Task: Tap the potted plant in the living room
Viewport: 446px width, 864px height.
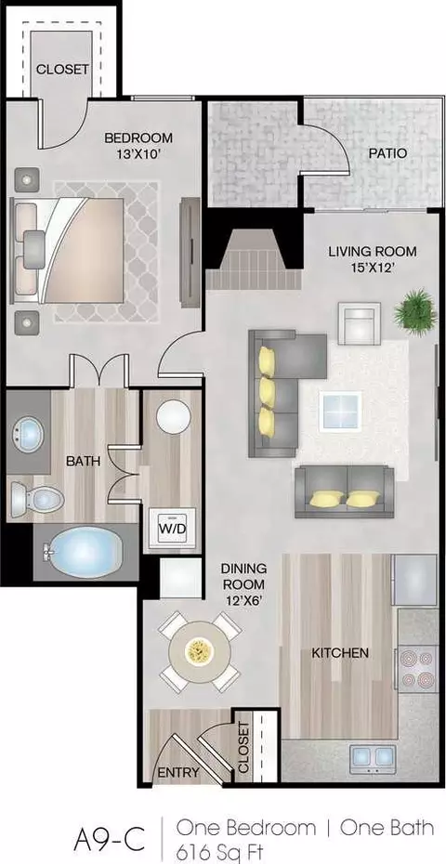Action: point(415,311)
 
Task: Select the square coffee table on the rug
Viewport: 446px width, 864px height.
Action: point(342,411)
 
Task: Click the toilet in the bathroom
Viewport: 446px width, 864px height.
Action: point(37,499)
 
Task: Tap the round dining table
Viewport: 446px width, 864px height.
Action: point(199,652)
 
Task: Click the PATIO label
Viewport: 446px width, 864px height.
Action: point(387,153)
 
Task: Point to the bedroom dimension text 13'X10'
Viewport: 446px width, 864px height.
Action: point(138,154)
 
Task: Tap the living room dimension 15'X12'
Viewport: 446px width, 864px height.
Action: point(372,269)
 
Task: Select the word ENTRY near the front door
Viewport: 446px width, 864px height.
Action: point(178,773)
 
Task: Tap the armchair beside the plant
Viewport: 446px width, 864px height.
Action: point(359,323)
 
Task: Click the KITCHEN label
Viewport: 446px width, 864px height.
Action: point(339,653)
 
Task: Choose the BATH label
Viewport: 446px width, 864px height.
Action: point(84,461)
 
